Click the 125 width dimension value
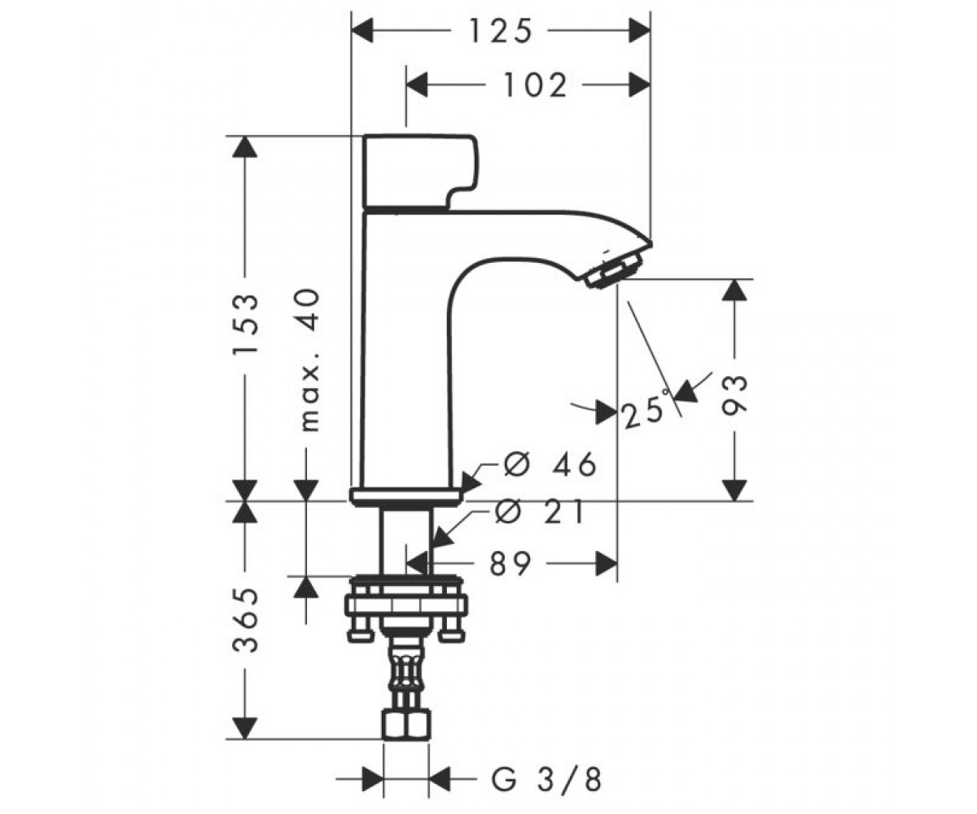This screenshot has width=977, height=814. coord(500,32)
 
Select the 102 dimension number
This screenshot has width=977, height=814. coord(535,85)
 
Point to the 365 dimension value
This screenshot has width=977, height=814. coord(245,619)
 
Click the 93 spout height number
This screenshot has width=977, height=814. coord(734,396)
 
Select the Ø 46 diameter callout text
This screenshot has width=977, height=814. coord(550,465)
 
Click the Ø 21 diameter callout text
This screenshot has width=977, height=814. coord(540,512)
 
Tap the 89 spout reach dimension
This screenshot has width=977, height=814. coord(510,564)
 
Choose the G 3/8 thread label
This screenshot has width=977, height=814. coord(546,780)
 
